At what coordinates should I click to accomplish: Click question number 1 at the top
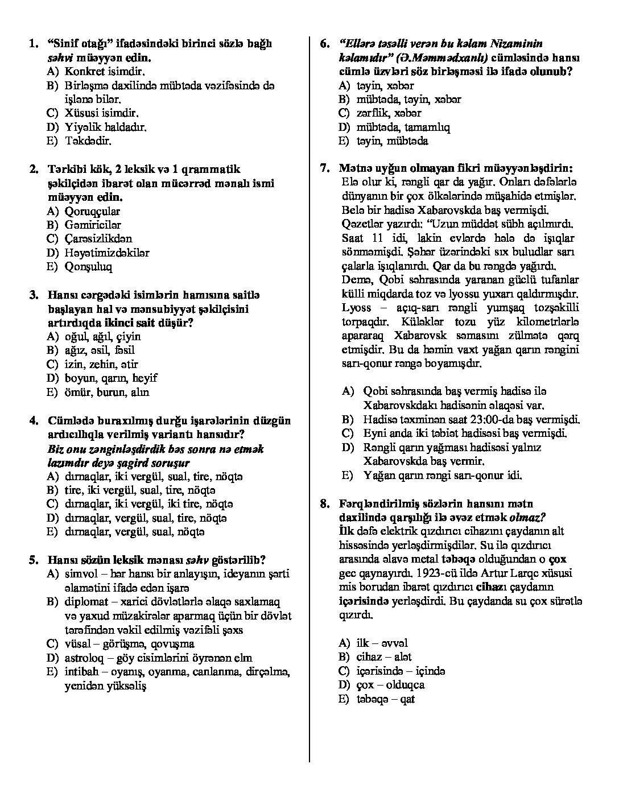point(34,44)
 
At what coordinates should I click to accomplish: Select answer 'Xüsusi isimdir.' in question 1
point(102,113)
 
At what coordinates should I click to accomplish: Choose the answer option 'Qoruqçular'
point(92,211)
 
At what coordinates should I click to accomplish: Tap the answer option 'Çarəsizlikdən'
point(98,239)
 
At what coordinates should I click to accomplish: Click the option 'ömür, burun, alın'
point(107,392)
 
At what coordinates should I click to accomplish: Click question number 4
point(34,421)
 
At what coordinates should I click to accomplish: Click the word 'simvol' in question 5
point(80,574)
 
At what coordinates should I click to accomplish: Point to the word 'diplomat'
point(85,602)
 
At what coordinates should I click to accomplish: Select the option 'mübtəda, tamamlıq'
point(403,127)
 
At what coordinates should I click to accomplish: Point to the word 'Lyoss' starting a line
point(356,308)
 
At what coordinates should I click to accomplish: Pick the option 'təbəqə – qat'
point(385,699)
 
